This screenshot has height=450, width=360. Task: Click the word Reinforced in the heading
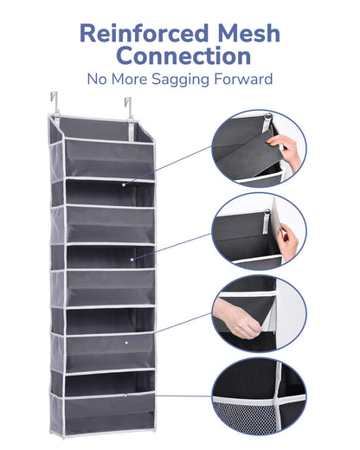[x=144, y=33]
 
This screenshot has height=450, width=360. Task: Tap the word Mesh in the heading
[x=248, y=33]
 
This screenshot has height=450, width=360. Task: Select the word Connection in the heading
[x=184, y=55]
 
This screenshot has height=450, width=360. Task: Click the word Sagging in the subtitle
[x=180, y=80]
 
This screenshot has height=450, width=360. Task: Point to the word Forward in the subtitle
[x=243, y=79]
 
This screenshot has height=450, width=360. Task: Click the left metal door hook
[x=55, y=102]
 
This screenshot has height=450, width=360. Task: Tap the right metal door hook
[x=129, y=108]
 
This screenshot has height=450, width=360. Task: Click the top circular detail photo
[x=259, y=148]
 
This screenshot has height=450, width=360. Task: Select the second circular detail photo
[x=259, y=231]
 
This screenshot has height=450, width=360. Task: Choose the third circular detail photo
[x=259, y=314]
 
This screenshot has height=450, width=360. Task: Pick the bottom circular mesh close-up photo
[x=259, y=396]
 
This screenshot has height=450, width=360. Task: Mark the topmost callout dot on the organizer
[x=124, y=184]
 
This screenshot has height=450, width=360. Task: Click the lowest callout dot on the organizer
[x=125, y=395]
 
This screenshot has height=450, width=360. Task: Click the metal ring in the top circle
[x=268, y=116]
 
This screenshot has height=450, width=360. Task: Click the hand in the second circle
[x=289, y=238]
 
